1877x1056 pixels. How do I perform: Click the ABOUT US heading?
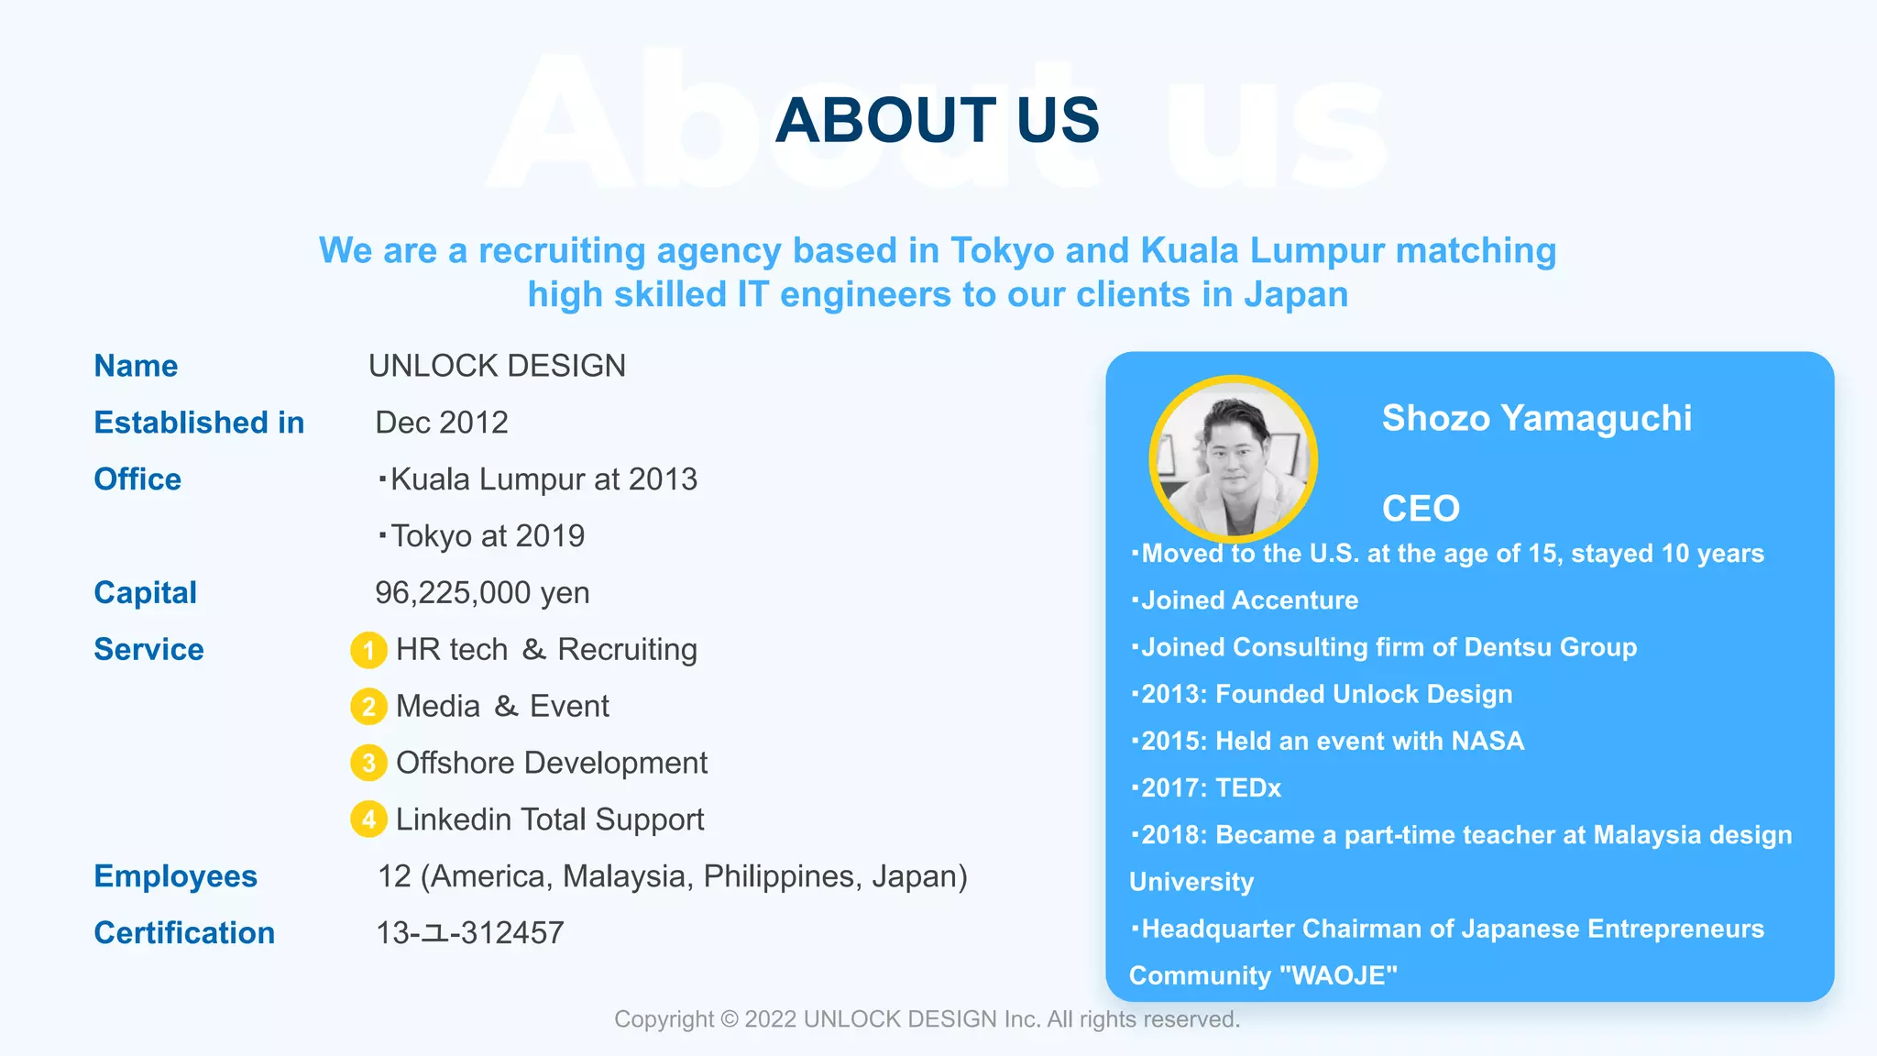[x=937, y=120]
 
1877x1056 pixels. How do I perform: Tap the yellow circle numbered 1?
[x=368, y=650]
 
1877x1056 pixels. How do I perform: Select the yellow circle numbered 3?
[x=368, y=764]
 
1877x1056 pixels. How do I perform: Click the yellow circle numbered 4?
[x=368, y=819]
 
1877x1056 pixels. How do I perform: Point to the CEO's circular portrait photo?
[x=1233, y=459]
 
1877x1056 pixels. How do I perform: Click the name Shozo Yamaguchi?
[x=1536, y=418]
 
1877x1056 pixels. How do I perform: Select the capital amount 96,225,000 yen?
[x=482, y=593]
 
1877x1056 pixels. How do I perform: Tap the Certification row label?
[x=184, y=933]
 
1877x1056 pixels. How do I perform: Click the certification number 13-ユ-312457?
[x=469, y=933]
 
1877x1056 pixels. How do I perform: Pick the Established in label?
[x=199, y=423]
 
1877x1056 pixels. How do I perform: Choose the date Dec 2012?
[x=442, y=423]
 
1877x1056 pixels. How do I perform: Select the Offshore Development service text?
[x=552, y=764]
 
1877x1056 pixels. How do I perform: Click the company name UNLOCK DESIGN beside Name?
[x=497, y=366]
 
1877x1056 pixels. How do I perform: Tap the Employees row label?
[x=175, y=876]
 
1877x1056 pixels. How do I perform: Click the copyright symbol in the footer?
[x=730, y=1019]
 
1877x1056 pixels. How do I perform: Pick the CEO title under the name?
[x=1421, y=509]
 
